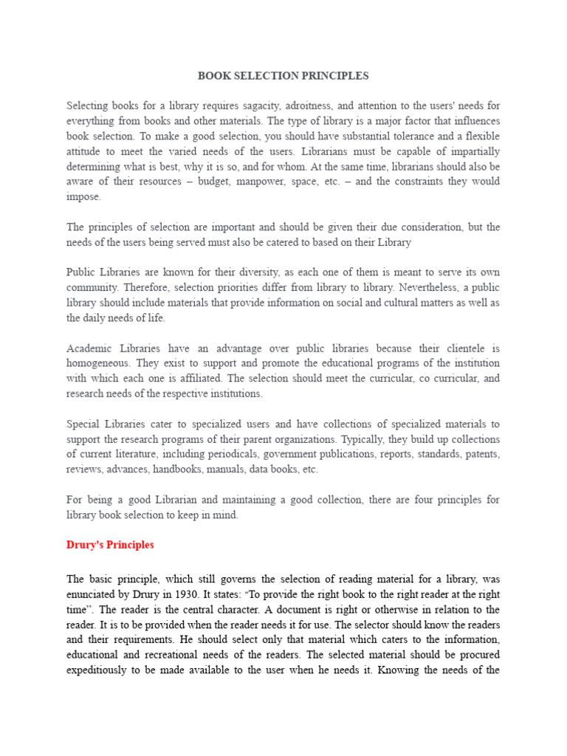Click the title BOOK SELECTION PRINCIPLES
(283, 76)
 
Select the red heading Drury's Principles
(110, 545)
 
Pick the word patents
(480, 454)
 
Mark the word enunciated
(92, 594)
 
